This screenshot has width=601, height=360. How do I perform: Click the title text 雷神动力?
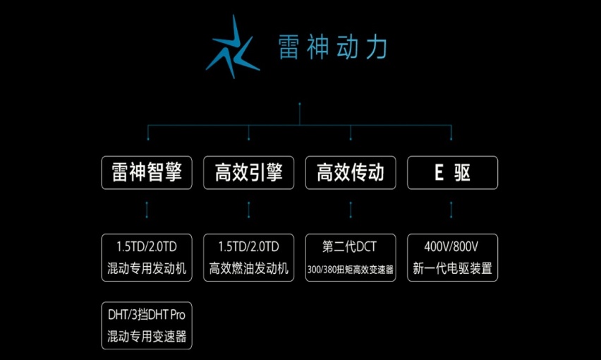tap(332, 48)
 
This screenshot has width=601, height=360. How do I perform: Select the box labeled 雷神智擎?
tap(147, 172)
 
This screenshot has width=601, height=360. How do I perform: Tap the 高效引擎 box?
tap(248, 172)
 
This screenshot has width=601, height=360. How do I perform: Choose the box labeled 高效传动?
tap(351, 172)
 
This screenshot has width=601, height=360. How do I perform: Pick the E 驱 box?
tap(452, 172)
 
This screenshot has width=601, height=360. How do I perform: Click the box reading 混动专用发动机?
tap(147, 258)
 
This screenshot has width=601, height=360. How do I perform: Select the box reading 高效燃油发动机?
tap(248, 258)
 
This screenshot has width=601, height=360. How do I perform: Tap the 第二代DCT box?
tap(351, 258)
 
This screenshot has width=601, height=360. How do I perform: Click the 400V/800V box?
tap(452, 258)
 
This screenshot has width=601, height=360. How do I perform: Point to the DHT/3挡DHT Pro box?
tap(147, 325)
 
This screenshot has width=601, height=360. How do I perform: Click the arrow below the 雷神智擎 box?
tap(147, 210)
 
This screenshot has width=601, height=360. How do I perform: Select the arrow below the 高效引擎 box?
tap(248, 210)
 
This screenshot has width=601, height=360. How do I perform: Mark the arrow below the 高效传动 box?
tap(351, 210)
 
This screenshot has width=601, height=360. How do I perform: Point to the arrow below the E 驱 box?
tap(452, 210)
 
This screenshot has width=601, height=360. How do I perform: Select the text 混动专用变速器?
tap(147, 336)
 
